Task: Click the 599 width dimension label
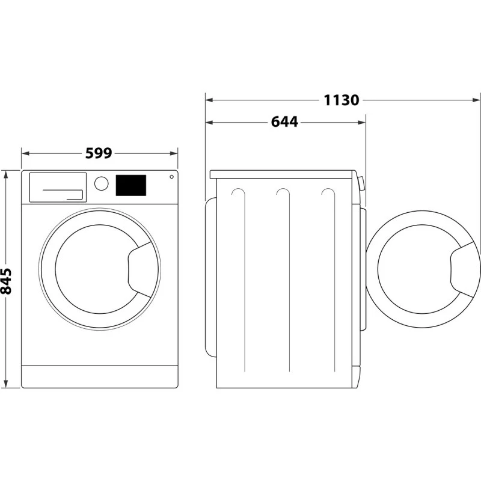pos(99,153)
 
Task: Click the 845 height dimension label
pos(5,281)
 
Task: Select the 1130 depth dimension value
pos(341,100)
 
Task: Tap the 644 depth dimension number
pos(284,122)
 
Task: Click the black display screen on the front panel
pos(131,185)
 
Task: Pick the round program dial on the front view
pos(102,183)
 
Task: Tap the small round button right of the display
pos(171,177)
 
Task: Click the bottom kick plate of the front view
pos(100,376)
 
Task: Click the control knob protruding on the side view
pos(361,183)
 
